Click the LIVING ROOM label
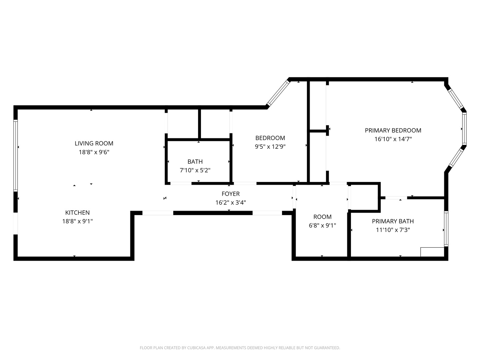coord(94,143)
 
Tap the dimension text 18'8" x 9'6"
coord(94,152)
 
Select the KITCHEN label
coord(77,212)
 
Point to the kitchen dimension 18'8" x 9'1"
coord(77,221)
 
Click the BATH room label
coord(195,162)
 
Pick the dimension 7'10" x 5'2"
coord(195,170)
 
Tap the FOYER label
coord(231,194)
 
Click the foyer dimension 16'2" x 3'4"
coord(231,202)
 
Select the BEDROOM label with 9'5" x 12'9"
coord(270,138)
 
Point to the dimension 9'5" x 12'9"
coord(270,147)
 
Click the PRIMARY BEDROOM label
coord(393,130)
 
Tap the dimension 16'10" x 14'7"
coord(393,139)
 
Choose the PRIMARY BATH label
coord(393,221)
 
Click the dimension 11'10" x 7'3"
coord(393,230)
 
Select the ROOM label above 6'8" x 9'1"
coord(322,217)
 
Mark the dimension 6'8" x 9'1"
coord(322,225)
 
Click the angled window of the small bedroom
coord(278,92)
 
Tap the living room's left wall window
coord(15,155)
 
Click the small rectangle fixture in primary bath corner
coord(432,252)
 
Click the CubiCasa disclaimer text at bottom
coord(240,348)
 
